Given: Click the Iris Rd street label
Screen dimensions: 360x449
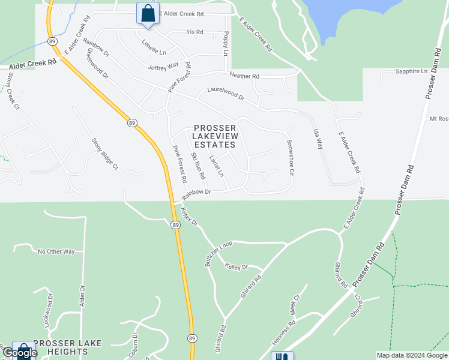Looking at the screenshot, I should (x=195, y=32).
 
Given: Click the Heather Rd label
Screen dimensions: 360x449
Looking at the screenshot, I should (x=244, y=76).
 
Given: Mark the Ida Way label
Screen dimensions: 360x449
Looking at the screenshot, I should (x=318, y=139).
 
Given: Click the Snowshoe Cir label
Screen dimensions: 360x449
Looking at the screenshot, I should (x=290, y=157).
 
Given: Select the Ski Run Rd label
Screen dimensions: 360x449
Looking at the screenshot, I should (x=198, y=166).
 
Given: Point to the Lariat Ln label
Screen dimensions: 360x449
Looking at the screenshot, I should (x=216, y=166).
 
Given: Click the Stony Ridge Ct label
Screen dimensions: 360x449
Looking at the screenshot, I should (x=105, y=152).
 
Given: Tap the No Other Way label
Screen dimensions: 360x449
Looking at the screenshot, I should (x=56, y=251).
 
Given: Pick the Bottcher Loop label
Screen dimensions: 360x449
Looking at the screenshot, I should (x=218, y=254).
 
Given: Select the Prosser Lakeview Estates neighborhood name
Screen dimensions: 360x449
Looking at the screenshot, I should (x=215, y=136).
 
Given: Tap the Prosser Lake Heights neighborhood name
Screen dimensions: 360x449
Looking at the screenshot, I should (x=68, y=347).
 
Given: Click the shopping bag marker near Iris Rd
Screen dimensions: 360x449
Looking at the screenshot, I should (x=147, y=13).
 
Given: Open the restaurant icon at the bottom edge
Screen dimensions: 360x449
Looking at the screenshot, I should (x=282, y=356).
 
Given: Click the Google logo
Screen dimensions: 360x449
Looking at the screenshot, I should (x=19, y=353).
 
